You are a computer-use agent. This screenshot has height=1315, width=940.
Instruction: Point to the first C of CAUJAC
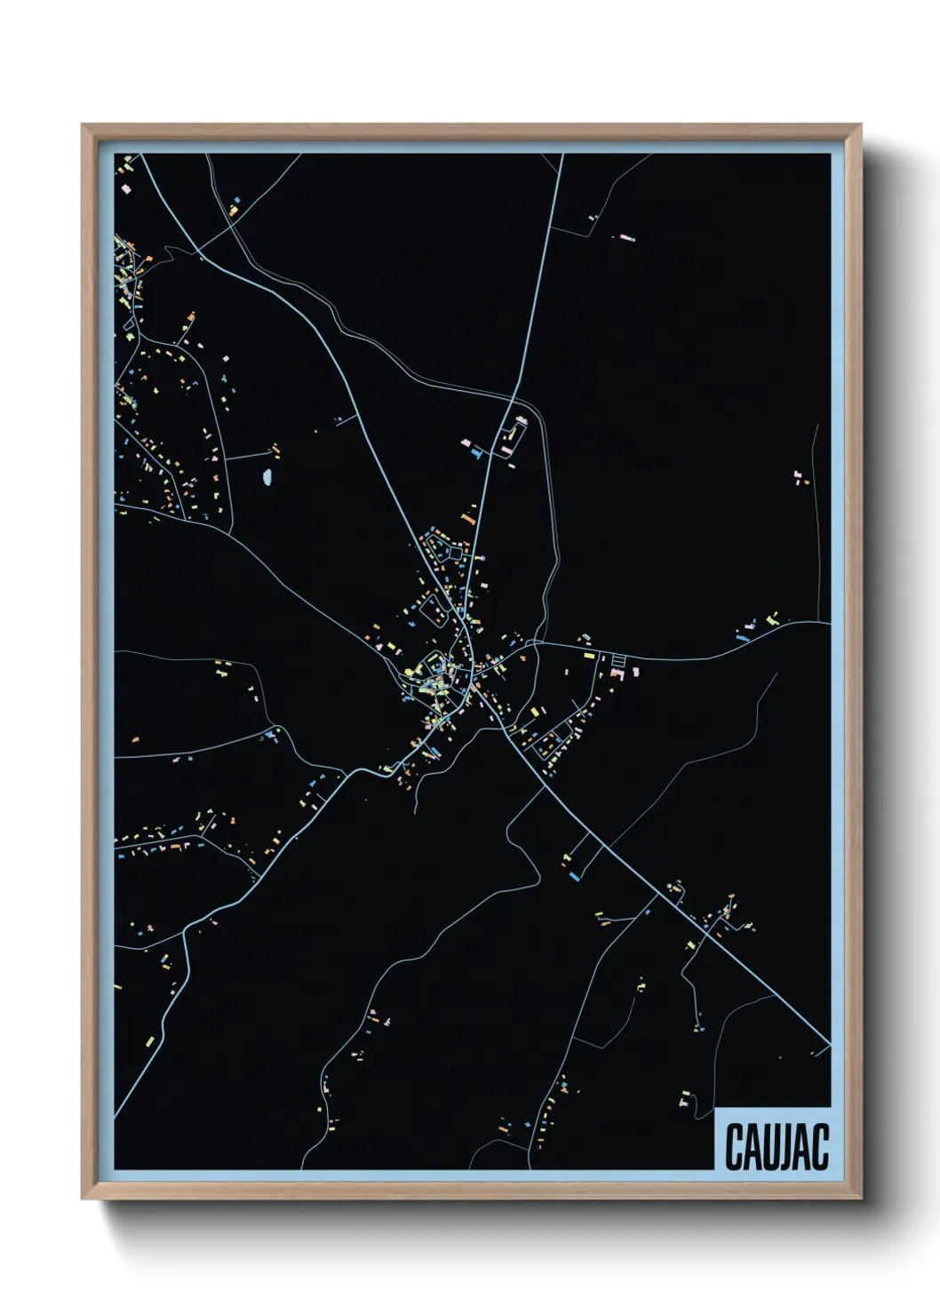pos(734,1146)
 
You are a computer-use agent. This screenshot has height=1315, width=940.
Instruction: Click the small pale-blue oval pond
pos(267,478)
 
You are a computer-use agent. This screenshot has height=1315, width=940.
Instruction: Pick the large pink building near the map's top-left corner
pos(125,188)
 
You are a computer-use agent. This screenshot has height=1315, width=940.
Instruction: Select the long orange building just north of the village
pos(467,516)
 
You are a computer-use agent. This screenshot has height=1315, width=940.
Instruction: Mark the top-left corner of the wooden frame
pos(84,126)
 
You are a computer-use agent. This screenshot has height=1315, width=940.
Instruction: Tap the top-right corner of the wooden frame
pos(859,126)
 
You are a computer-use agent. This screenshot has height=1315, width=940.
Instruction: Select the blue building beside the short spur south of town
pos(574,876)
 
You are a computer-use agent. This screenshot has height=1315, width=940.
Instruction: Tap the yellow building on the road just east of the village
pos(587,656)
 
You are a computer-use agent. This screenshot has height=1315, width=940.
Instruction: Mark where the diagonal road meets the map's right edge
pos(828,1045)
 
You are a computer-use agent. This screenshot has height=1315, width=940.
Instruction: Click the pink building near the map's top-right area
pos(627,238)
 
